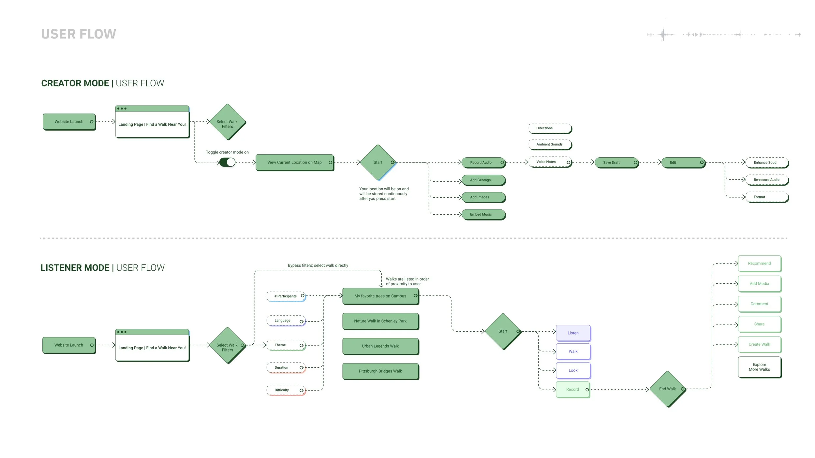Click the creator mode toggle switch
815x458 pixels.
[227, 162]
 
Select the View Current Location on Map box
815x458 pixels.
[294, 162]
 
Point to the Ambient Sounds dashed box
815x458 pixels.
[550, 144]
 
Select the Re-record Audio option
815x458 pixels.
[766, 180]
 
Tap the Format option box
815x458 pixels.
[766, 197]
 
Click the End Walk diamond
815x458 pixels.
[668, 389]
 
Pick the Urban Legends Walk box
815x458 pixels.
[380, 346]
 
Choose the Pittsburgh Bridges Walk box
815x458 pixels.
[380, 371]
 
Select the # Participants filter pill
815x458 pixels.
[286, 296]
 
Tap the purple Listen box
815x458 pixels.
[573, 333]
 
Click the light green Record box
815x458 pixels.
[573, 389]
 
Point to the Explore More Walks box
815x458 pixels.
[759, 367]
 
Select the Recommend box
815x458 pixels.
[759, 263]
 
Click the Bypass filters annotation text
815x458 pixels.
[318, 265]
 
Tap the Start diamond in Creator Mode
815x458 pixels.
[378, 162]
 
